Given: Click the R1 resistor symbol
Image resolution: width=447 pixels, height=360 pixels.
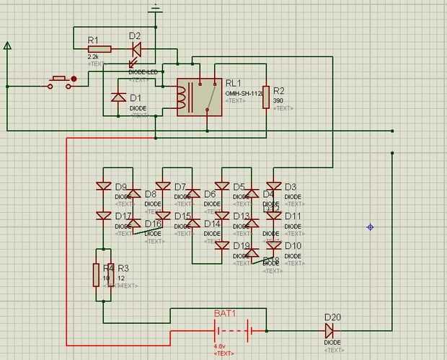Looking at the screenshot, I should [x=99, y=48].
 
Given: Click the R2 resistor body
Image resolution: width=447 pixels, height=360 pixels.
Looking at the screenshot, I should [x=265, y=97].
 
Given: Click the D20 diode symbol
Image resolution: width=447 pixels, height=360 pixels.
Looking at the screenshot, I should [x=329, y=330].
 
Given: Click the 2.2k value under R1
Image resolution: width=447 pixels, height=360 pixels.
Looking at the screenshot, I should [x=93, y=56].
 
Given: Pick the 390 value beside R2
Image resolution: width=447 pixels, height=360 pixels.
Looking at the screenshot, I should [x=278, y=100].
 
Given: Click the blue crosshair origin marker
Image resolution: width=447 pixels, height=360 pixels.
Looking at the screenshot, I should [x=371, y=227].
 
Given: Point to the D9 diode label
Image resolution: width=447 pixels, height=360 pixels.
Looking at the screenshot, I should [x=120, y=187].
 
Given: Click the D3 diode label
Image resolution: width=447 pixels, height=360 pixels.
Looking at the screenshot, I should [x=291, y=187].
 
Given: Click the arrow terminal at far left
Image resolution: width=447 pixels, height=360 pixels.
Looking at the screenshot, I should [x=7, y=47].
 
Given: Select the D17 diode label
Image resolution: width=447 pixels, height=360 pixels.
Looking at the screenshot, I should [x=123, y=216].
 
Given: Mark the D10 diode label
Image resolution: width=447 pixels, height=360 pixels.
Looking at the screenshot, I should [x=293, y=246].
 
